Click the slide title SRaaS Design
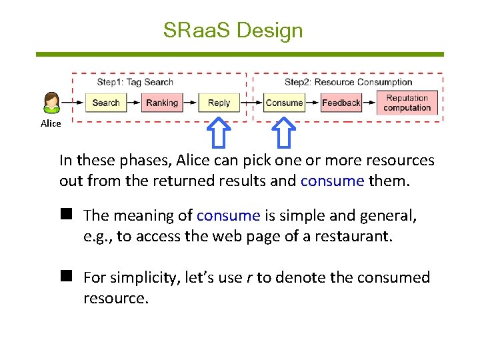point(233,30)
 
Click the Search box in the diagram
point(105,103)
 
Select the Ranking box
point(162,103)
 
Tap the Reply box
point(219,103)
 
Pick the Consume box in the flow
point(284,103)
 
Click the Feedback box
point(341,103)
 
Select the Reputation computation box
point(407,103)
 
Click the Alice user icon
point(51,102)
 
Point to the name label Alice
point(51,123)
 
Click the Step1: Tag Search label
point(135,82)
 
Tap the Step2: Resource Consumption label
point(348,82)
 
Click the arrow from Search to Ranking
point(133,103)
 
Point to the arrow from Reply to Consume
point(251,103)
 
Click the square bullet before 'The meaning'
point(66,215)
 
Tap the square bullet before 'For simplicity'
point(66,277)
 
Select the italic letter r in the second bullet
point(249,277)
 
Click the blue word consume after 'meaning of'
point(228,215)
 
